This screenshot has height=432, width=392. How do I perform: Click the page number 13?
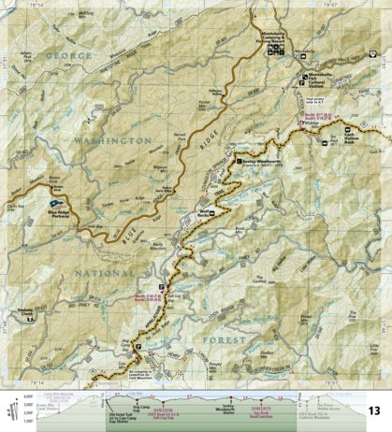pos(373,410)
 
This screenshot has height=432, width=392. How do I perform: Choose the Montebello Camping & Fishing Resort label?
pos(280,36)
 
